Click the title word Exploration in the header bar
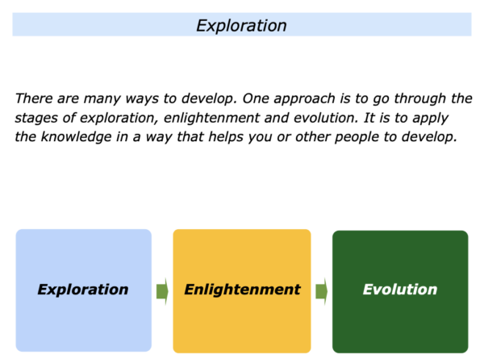(x=241, y=26)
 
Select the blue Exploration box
(x=84, y=290)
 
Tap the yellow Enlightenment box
(x=242, y=290)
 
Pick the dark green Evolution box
(x=400, y=291)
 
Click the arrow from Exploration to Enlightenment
(x=162, y=291)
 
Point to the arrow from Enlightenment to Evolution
(x=322, y=291)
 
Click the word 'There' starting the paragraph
(x=34, y=98)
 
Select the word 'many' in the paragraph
(x=102, y=99)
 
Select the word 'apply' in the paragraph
(x=431, y=119)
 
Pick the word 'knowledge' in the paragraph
(x=77, y=137)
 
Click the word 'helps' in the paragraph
(x=226, y=137)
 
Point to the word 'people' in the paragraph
(x=357, y=138)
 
